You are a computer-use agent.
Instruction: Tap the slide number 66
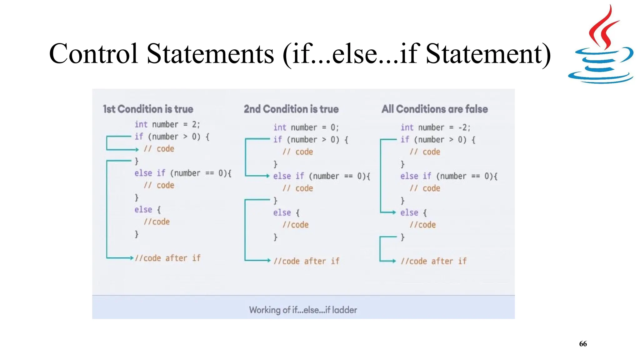(x=583, y=344)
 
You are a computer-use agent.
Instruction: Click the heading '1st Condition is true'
(x=148, y=109)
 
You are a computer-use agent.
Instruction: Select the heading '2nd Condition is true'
(x=291, y=109)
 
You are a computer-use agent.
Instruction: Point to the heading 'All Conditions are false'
(x=434, y=109)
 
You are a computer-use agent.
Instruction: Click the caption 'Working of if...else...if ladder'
(x=303, y=310)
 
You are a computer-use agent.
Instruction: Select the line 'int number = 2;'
(x=167, y=124)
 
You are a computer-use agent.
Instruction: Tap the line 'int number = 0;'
(x=306, y=127)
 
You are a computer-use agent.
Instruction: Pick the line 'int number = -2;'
(x=435, y=127)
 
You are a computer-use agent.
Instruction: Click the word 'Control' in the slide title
(x=93, y=54)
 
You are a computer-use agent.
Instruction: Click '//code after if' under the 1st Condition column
(x=167, y=258)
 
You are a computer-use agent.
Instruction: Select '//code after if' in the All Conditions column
(x=433, y=261)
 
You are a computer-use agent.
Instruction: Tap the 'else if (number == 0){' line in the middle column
(x=322, y=176)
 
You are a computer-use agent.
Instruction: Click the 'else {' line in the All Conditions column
(x=413, y=213)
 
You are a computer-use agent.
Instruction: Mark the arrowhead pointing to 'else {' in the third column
(x=394, y=212)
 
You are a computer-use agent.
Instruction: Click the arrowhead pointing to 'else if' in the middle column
(x=267, y=176)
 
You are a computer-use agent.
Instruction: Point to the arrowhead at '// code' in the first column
(x=137, y=150)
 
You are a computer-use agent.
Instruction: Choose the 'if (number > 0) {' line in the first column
(x=172, y=137)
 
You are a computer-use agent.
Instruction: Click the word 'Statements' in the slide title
(x=210, y=54)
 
